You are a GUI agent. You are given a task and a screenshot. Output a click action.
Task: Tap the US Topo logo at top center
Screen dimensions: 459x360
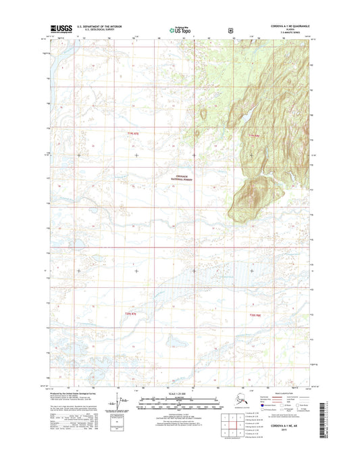[x=179, y=30]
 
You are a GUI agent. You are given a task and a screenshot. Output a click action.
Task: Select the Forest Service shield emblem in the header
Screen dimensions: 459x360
[x=231, y=30]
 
